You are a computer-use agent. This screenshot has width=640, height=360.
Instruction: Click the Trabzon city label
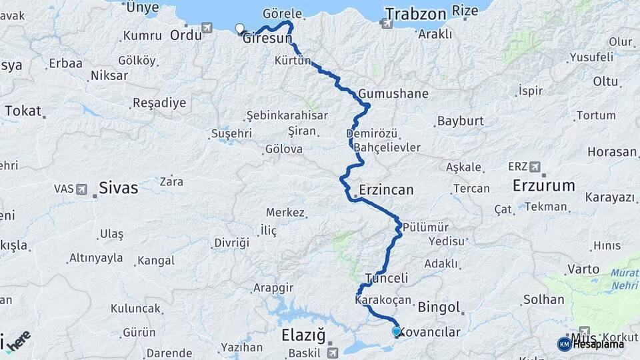(415, 13)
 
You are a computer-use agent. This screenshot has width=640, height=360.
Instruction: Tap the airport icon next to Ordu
(207, 27)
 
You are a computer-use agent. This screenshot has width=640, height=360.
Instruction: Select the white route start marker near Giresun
(240, 28)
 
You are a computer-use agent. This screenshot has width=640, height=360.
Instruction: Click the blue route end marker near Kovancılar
(397, 331)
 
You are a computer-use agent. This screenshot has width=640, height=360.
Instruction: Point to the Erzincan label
(386, 190)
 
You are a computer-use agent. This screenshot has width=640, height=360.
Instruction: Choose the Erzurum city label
(543, 185)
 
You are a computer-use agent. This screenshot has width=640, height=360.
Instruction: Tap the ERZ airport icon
(533, 166)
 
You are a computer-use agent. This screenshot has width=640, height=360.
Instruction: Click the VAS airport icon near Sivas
(81, 189)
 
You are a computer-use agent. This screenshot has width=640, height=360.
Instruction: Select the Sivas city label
(119, 188)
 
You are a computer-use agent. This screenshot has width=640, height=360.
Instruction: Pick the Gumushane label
(393, 93)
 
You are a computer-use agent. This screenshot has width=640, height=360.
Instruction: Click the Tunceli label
(387, 278)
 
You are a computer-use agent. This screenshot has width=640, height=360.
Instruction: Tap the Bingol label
(440, 307)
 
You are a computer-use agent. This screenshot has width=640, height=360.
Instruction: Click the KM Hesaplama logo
(591, 344)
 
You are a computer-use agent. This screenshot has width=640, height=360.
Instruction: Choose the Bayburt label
(460, 122)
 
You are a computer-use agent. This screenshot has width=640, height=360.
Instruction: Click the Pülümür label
(426, 226)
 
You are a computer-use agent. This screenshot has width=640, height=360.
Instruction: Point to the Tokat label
(23, 111)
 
